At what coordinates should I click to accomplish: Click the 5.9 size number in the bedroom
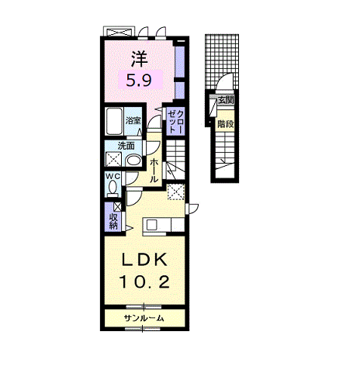pyautogui.click(x=139, y=80)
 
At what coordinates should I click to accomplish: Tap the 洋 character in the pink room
pyautogui.click(x=139, y=59)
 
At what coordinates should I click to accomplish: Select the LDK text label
pyautogui.click(x=144, y=260)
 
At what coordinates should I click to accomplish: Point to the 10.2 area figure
pyautogui.click(x=144, y=281)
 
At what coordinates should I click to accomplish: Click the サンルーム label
pyautogui.click(x=144, y=318)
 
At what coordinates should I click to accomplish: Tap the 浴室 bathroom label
pyautogui.click(x=133, y=120)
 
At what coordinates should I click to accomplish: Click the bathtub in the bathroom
pyautogui.click(x=114, y=121)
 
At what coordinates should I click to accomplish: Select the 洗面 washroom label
pyautogui.click(x=126, y=146)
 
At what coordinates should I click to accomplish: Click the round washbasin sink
pyautogui.click(x=133, y=161)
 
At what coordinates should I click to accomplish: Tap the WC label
pyautogui.click(x=113, y=177)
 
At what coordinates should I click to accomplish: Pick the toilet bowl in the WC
pyautogui.click(x=112, y=188)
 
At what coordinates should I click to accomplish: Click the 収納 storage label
pyautogui.click(x=113, y=221)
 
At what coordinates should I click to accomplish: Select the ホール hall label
pyautogui.click(x=154, y=171)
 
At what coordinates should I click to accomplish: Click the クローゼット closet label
pyautogui.click(x=176, y=121)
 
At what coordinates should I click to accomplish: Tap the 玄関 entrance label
pyautogui.click(x=226, y=100)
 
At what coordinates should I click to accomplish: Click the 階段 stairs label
pyautogui.click(x=226, y=124)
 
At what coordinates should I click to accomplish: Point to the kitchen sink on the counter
pyautogui.click(x=152, y=224)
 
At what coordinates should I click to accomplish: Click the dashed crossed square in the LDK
pyautogui.click(x=176, y=192)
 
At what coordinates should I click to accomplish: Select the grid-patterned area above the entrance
pyautogui.click(x=222, y=61)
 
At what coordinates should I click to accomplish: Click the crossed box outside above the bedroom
pyautogui.click(x=119, y=32)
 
